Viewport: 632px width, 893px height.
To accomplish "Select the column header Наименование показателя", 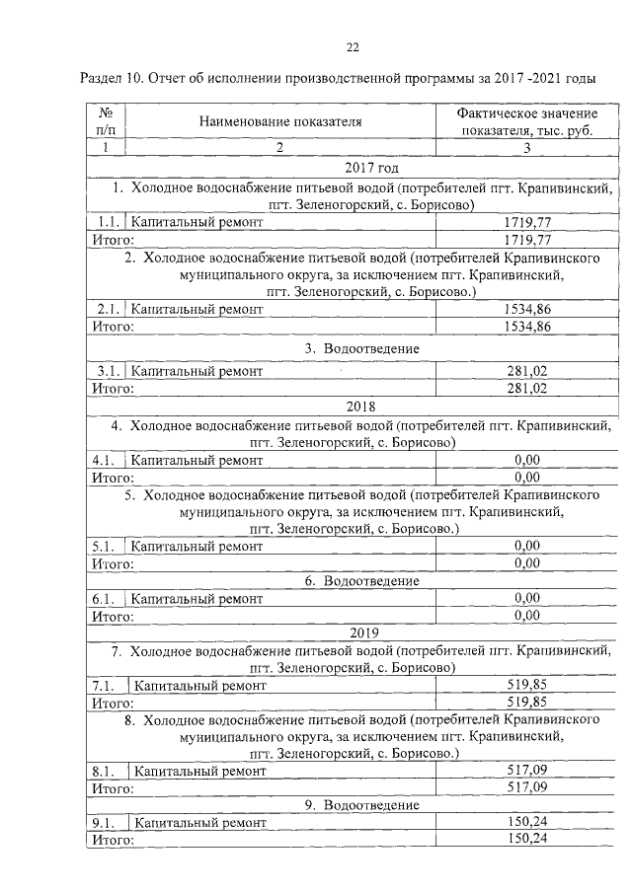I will coord(279,122).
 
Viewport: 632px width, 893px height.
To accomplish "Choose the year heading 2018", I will coord(361,405).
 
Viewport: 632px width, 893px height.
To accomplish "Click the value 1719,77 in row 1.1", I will coord(526,222).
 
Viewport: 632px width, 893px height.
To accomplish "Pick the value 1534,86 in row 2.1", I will coord(526,309).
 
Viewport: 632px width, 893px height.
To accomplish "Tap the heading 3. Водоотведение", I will coord(362,348).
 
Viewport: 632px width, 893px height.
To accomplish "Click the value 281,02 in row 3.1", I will coord(526,371).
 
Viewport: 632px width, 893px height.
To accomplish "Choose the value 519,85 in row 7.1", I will coord(526,684).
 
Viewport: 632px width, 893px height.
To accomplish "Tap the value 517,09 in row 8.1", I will coord(526,770).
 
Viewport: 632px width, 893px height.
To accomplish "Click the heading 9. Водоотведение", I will coord(361,804).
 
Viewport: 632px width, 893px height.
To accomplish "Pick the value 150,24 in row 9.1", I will coord(526,821).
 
